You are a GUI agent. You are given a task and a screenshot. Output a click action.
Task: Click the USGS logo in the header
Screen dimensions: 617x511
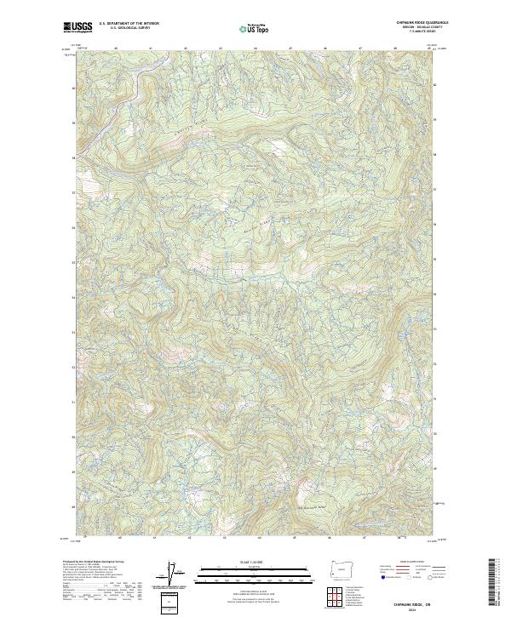click(x=78, y=27)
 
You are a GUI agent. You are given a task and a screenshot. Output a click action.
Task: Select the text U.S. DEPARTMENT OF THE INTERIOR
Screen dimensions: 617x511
click(x=129, y=23)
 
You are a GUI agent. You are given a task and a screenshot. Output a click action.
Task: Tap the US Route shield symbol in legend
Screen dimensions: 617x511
click(x=407, y=577)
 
